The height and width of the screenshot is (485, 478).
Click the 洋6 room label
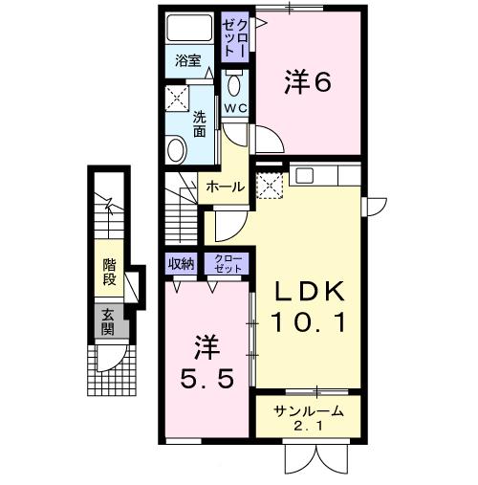pos(307,83)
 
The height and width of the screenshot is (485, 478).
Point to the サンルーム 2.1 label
pos(307,419)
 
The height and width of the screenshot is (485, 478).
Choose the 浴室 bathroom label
pos(187,59)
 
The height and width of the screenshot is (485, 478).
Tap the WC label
pos(235,108)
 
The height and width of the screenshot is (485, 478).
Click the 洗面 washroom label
pos(200,123)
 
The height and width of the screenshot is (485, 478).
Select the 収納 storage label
pos(181,263)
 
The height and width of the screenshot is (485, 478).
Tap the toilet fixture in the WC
pos(236,80)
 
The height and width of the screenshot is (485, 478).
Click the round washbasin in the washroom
pos(177,149)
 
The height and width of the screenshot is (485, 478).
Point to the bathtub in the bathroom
pos(187,26)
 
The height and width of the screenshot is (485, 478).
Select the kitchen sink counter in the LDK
pos(324,175)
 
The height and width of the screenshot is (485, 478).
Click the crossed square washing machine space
pos(176,99)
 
